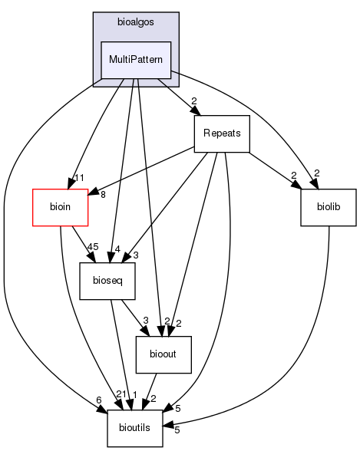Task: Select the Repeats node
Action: click(223, 133)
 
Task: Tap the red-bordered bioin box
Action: click(60, 207)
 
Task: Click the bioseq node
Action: click(108, 282)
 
